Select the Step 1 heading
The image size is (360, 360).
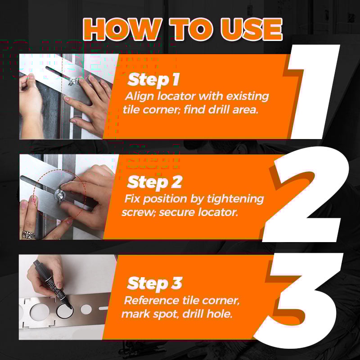click(x=153, y=80)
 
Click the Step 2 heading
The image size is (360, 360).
click(x=154, y=182)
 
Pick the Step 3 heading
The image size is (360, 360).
click(x=155, y=283)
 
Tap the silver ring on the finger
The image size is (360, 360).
click(x=28, y=234)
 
